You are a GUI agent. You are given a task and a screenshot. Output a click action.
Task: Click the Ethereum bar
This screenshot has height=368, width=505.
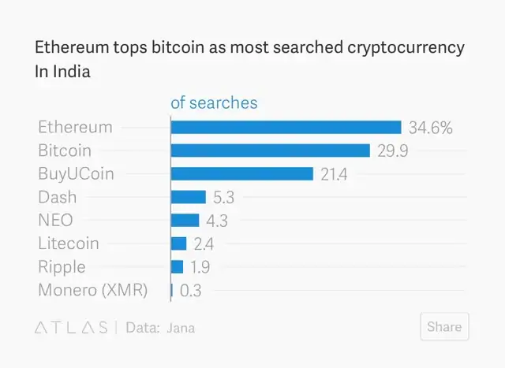tap(286, 127)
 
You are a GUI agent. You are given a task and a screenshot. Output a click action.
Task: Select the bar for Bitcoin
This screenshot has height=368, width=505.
tap(270, 151)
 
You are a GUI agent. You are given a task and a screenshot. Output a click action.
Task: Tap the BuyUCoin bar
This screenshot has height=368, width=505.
tap(241, 173)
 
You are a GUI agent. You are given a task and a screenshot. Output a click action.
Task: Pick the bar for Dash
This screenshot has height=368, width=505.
tap(188, 197)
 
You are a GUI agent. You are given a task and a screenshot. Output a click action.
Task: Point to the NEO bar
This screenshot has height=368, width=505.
tap(185, 220)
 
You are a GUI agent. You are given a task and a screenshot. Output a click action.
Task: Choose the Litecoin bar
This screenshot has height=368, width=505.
tap(178, 243)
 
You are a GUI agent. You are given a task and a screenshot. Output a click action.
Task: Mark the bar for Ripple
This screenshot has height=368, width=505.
tap(177, 266)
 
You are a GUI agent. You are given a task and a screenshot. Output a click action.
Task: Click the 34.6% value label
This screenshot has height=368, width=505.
tap(430, 128)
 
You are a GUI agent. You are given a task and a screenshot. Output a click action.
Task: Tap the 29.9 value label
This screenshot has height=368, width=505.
tap(392, 151)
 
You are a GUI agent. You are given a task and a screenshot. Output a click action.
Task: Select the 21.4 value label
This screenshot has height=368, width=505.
tap(334, 174)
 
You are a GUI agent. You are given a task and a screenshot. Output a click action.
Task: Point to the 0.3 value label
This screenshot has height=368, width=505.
tap(191, 290)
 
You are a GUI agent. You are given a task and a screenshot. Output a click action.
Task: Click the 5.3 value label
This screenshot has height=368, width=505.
tap(224, 197)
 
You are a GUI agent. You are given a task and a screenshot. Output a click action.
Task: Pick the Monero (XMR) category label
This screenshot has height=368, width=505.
tap(92, 290)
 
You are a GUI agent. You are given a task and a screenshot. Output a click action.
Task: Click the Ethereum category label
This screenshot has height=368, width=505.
tap(75, 127)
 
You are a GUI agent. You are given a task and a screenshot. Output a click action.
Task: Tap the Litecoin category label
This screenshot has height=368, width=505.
tap(69, 243)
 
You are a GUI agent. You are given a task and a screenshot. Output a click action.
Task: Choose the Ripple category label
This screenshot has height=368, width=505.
tap(62, 266)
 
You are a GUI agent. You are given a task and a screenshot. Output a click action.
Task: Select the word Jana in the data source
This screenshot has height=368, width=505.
tap(181, 328)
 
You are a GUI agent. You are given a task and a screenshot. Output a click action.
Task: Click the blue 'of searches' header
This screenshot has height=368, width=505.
tap(214, 102)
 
